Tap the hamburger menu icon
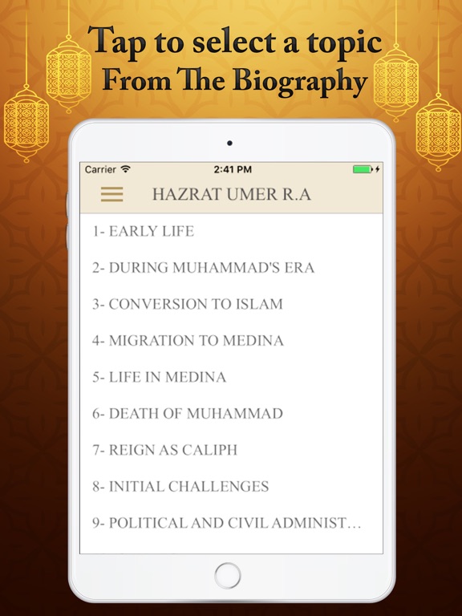(x=111, y=195)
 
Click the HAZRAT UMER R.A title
(x=231, y=195)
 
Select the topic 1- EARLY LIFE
(x=143, y=231)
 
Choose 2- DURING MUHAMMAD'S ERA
(x=203, y=268)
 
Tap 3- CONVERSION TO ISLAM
(x=187, y=304)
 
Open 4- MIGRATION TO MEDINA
(x=188, y=340)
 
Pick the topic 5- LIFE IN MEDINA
(x=159, y=377)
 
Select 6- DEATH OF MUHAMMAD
(x=187, y=414)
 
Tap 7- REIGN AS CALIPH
(x=164, y=450)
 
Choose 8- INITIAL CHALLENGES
(x=180, y=486)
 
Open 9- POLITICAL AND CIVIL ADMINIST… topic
(x=226, y=523)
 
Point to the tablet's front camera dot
(x=230, y=144)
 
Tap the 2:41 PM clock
(x=233, y=169)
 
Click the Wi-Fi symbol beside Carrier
(x=126, y=169)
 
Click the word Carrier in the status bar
(x=100, y=169)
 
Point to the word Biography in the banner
(x=310, y=81)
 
